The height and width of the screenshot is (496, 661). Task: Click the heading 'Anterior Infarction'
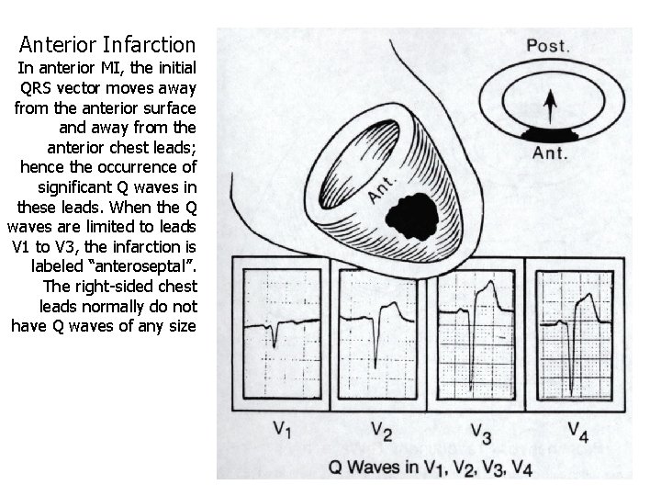107,44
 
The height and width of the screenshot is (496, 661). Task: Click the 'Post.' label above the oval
548,44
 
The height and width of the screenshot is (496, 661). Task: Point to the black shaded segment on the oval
550,134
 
